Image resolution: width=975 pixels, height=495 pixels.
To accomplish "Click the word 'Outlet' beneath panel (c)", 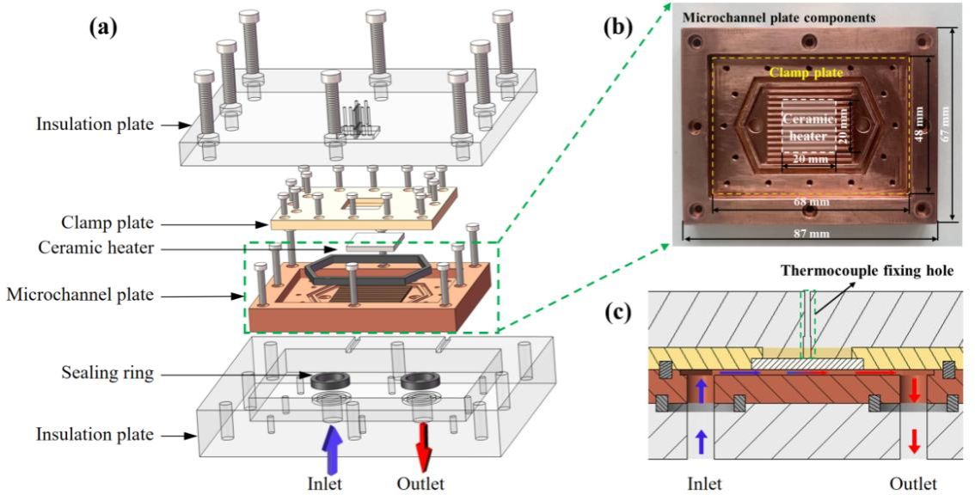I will [x=913, y=483].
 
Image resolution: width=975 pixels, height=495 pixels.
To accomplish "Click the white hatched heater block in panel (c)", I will [x=807, y=364].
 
